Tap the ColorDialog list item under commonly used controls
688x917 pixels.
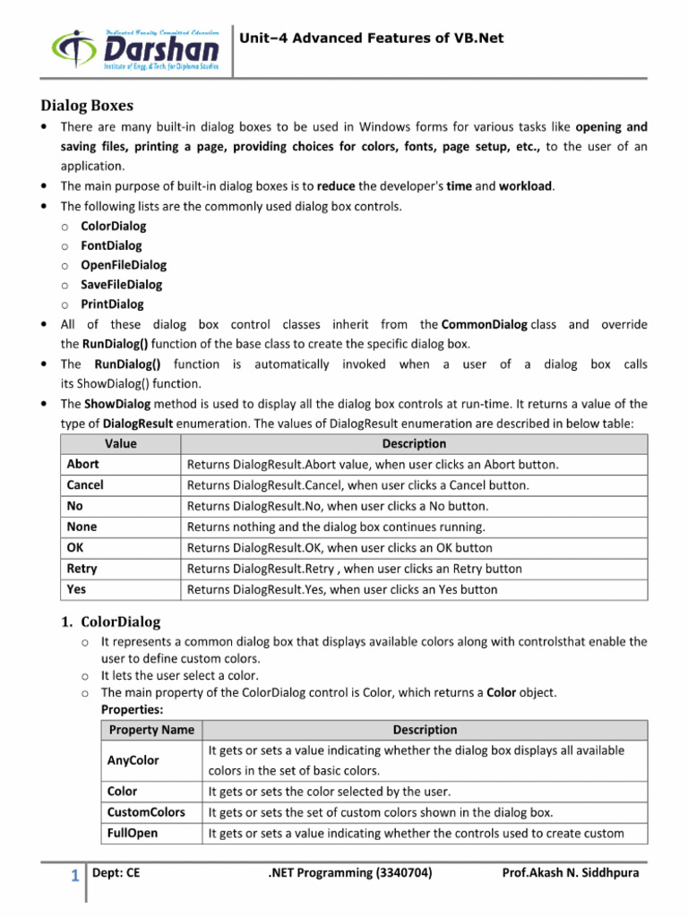tap(113, 226)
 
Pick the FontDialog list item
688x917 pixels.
tap(111, 245)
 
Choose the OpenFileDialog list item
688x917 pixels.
tap(124, 265)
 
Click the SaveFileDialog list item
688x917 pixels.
tap(122, 285)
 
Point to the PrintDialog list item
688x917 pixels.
tap(112, 304)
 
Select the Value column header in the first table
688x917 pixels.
tap(120, 443)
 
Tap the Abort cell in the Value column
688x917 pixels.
tap(83, 465)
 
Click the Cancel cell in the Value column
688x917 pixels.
tap(85, 485)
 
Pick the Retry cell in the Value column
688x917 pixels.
tap(82, 569)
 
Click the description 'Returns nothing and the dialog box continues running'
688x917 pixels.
tap(336, 527)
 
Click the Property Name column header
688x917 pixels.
tap(151, 730)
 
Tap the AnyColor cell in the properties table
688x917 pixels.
tap(133, 760)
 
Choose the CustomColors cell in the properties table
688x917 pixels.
tap(146, 812)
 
